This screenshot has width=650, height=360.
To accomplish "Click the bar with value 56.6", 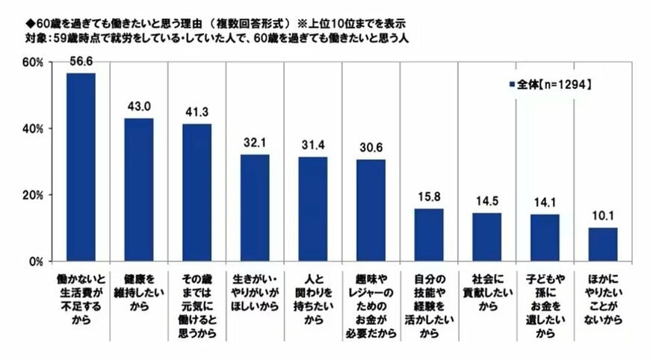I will click(x=81, y=167).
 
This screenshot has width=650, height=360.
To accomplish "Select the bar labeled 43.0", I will click(x=139, y=190).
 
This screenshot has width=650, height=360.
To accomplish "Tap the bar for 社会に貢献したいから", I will click(x=487, y=238).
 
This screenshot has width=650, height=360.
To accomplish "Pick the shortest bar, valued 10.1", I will click(x=603, y=245).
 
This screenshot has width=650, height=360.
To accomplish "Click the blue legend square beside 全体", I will click(x=512, y=84).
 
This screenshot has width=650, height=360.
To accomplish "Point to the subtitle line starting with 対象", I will click(x=209, y=35).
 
